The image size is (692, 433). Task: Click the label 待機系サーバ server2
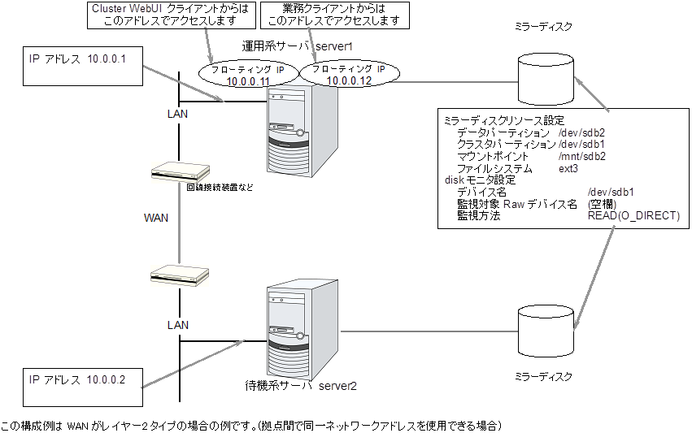pos(301,384)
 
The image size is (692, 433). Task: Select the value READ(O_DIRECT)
pos(633,217)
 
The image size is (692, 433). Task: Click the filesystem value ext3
pos(568,168)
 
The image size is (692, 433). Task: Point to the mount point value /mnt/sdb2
pos(582,156)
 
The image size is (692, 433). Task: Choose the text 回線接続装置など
pos(220,188)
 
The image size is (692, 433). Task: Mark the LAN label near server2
pos(178,324)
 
